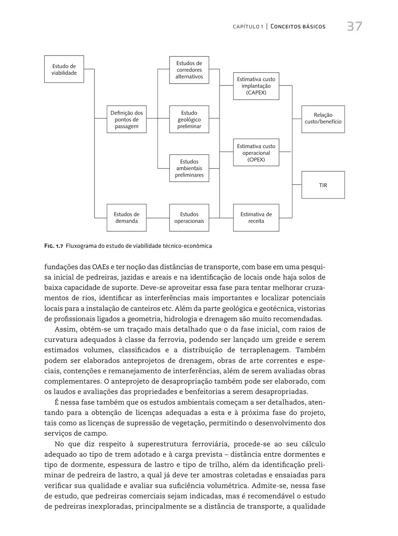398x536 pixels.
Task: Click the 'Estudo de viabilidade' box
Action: click(x=64, y=69)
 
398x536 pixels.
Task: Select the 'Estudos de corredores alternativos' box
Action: click(x=189, y=70)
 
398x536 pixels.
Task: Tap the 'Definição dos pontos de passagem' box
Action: click(x=127, y=119)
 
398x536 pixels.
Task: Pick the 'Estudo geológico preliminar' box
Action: click(x=189, y=119)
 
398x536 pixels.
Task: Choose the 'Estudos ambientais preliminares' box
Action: click(x=189, y=168)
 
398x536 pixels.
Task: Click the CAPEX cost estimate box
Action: click(x=256, y=86)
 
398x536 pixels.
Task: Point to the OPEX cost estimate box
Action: click(x=256, y=153)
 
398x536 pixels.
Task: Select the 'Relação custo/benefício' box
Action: click(x=323, y=119)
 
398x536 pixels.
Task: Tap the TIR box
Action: click(x=323, y=185)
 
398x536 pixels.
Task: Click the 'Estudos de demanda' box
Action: click(x=127, y=217)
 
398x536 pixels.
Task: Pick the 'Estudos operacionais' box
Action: click(x=189, y=217)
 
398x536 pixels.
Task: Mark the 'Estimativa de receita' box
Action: click(x=256, y=217)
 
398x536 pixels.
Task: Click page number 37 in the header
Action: click(x=355, y=26)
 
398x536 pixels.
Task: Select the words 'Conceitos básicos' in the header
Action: click(x=298, y=27)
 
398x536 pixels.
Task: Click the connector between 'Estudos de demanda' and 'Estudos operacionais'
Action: click(x=158, y=218)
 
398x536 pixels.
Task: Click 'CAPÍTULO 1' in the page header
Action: click(x=247, y=27)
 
